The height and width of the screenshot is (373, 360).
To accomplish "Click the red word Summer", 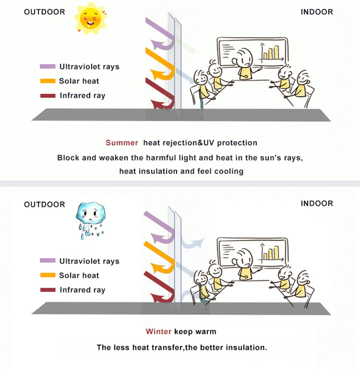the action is point(122,143).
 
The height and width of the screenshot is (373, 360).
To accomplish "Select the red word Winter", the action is point(158,331).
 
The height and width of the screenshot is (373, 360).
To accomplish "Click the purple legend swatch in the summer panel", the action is point(48,67).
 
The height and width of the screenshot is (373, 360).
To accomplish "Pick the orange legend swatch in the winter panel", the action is point(48,275).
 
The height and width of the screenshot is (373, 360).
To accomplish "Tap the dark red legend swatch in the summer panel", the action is point(48,96).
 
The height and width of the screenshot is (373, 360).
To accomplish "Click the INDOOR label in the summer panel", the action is point(317,12).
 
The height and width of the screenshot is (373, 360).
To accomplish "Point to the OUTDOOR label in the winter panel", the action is point(44,205).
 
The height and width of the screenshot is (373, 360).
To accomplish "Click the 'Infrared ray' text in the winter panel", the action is point(82,290).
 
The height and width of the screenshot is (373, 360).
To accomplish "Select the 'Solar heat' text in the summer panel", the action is point(79,81).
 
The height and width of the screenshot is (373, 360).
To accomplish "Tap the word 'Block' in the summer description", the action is point(68,158).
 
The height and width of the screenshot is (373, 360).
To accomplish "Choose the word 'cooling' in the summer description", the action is point(230,171).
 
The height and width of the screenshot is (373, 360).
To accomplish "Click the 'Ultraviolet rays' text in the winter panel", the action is point(89,261).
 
